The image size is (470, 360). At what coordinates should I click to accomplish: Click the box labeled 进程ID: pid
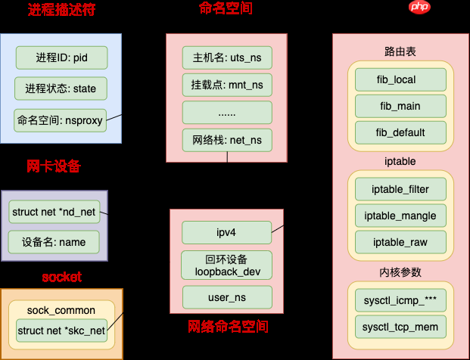tap(61, 57)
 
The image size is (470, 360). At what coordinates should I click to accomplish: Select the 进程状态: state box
tap(61, 88)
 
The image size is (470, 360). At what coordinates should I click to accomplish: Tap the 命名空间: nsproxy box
tap(61, 119)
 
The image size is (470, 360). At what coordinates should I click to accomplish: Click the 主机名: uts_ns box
tap(226, 57)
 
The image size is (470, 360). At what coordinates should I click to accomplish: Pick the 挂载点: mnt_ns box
tap(226, 85)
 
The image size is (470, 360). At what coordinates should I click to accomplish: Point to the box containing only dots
tap(226, 113)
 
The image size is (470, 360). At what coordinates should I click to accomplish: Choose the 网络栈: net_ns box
tap(226, 140)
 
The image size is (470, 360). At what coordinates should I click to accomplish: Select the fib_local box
tap(400, 79)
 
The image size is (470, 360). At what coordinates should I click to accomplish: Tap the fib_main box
tap(400, 106)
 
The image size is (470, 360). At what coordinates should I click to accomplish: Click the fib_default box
tap(400, 132)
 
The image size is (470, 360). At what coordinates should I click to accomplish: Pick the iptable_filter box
tap(400, 188)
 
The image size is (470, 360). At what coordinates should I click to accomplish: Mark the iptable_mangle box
tap(400, 216)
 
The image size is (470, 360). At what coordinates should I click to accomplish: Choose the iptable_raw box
tap(400, 242)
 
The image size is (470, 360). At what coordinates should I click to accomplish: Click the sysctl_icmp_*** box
tap(400, 300)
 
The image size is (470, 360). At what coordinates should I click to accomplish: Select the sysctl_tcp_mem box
tap(400, 327)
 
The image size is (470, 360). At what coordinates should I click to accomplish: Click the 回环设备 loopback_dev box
tap(226, 265)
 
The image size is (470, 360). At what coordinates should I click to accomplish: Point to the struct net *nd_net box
tap(54, 212)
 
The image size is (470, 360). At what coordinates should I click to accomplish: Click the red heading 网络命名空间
tap(228, 327)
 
